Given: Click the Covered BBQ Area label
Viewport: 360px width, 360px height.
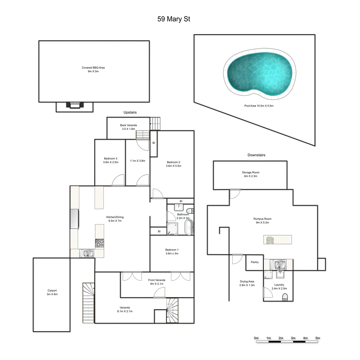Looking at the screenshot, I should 93,68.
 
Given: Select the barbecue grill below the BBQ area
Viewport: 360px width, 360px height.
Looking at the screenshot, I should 74,105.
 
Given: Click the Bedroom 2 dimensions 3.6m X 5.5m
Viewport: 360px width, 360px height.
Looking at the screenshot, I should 173,166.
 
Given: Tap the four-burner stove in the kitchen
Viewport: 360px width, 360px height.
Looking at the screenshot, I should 100,243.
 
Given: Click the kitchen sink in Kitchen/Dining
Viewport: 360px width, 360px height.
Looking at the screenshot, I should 87,253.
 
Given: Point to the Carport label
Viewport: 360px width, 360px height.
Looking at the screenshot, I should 52,290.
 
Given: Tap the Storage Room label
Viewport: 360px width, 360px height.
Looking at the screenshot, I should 250,172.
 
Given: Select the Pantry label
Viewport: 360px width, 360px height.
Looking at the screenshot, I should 255,262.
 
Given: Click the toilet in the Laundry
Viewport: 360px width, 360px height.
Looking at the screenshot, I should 285,297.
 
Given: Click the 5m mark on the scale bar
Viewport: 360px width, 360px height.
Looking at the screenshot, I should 318,338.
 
